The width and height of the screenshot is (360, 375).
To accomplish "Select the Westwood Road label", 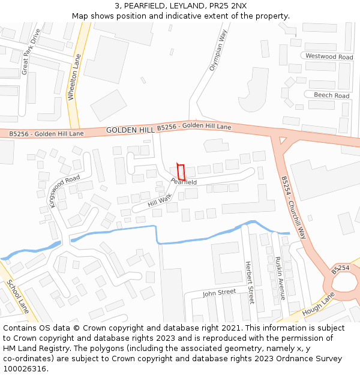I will pyautogui.click(x=329, y=56).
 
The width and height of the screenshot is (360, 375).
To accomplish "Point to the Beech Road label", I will pyautogui.click(x=331, y=95).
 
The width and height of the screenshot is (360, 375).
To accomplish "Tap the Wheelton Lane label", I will pyautogui.click(x=73, y=77).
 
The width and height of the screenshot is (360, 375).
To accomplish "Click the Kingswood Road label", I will pyautogui.click(x=64, y=191).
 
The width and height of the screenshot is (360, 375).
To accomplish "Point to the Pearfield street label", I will pyautogui.click(x=184, y=181).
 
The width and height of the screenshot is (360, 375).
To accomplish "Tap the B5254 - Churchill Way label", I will pyautogui.click(x=293, y=207).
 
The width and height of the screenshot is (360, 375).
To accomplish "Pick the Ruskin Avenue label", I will pyautogui.click(x=278, y=278).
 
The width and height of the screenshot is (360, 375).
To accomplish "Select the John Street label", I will pyautogui.click(x=219, y=293).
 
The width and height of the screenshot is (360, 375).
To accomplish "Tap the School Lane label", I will pyautogui.click(x=19, y=298).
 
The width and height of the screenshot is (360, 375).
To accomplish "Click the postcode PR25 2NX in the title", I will pyautogui.click(x=228, y=6).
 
